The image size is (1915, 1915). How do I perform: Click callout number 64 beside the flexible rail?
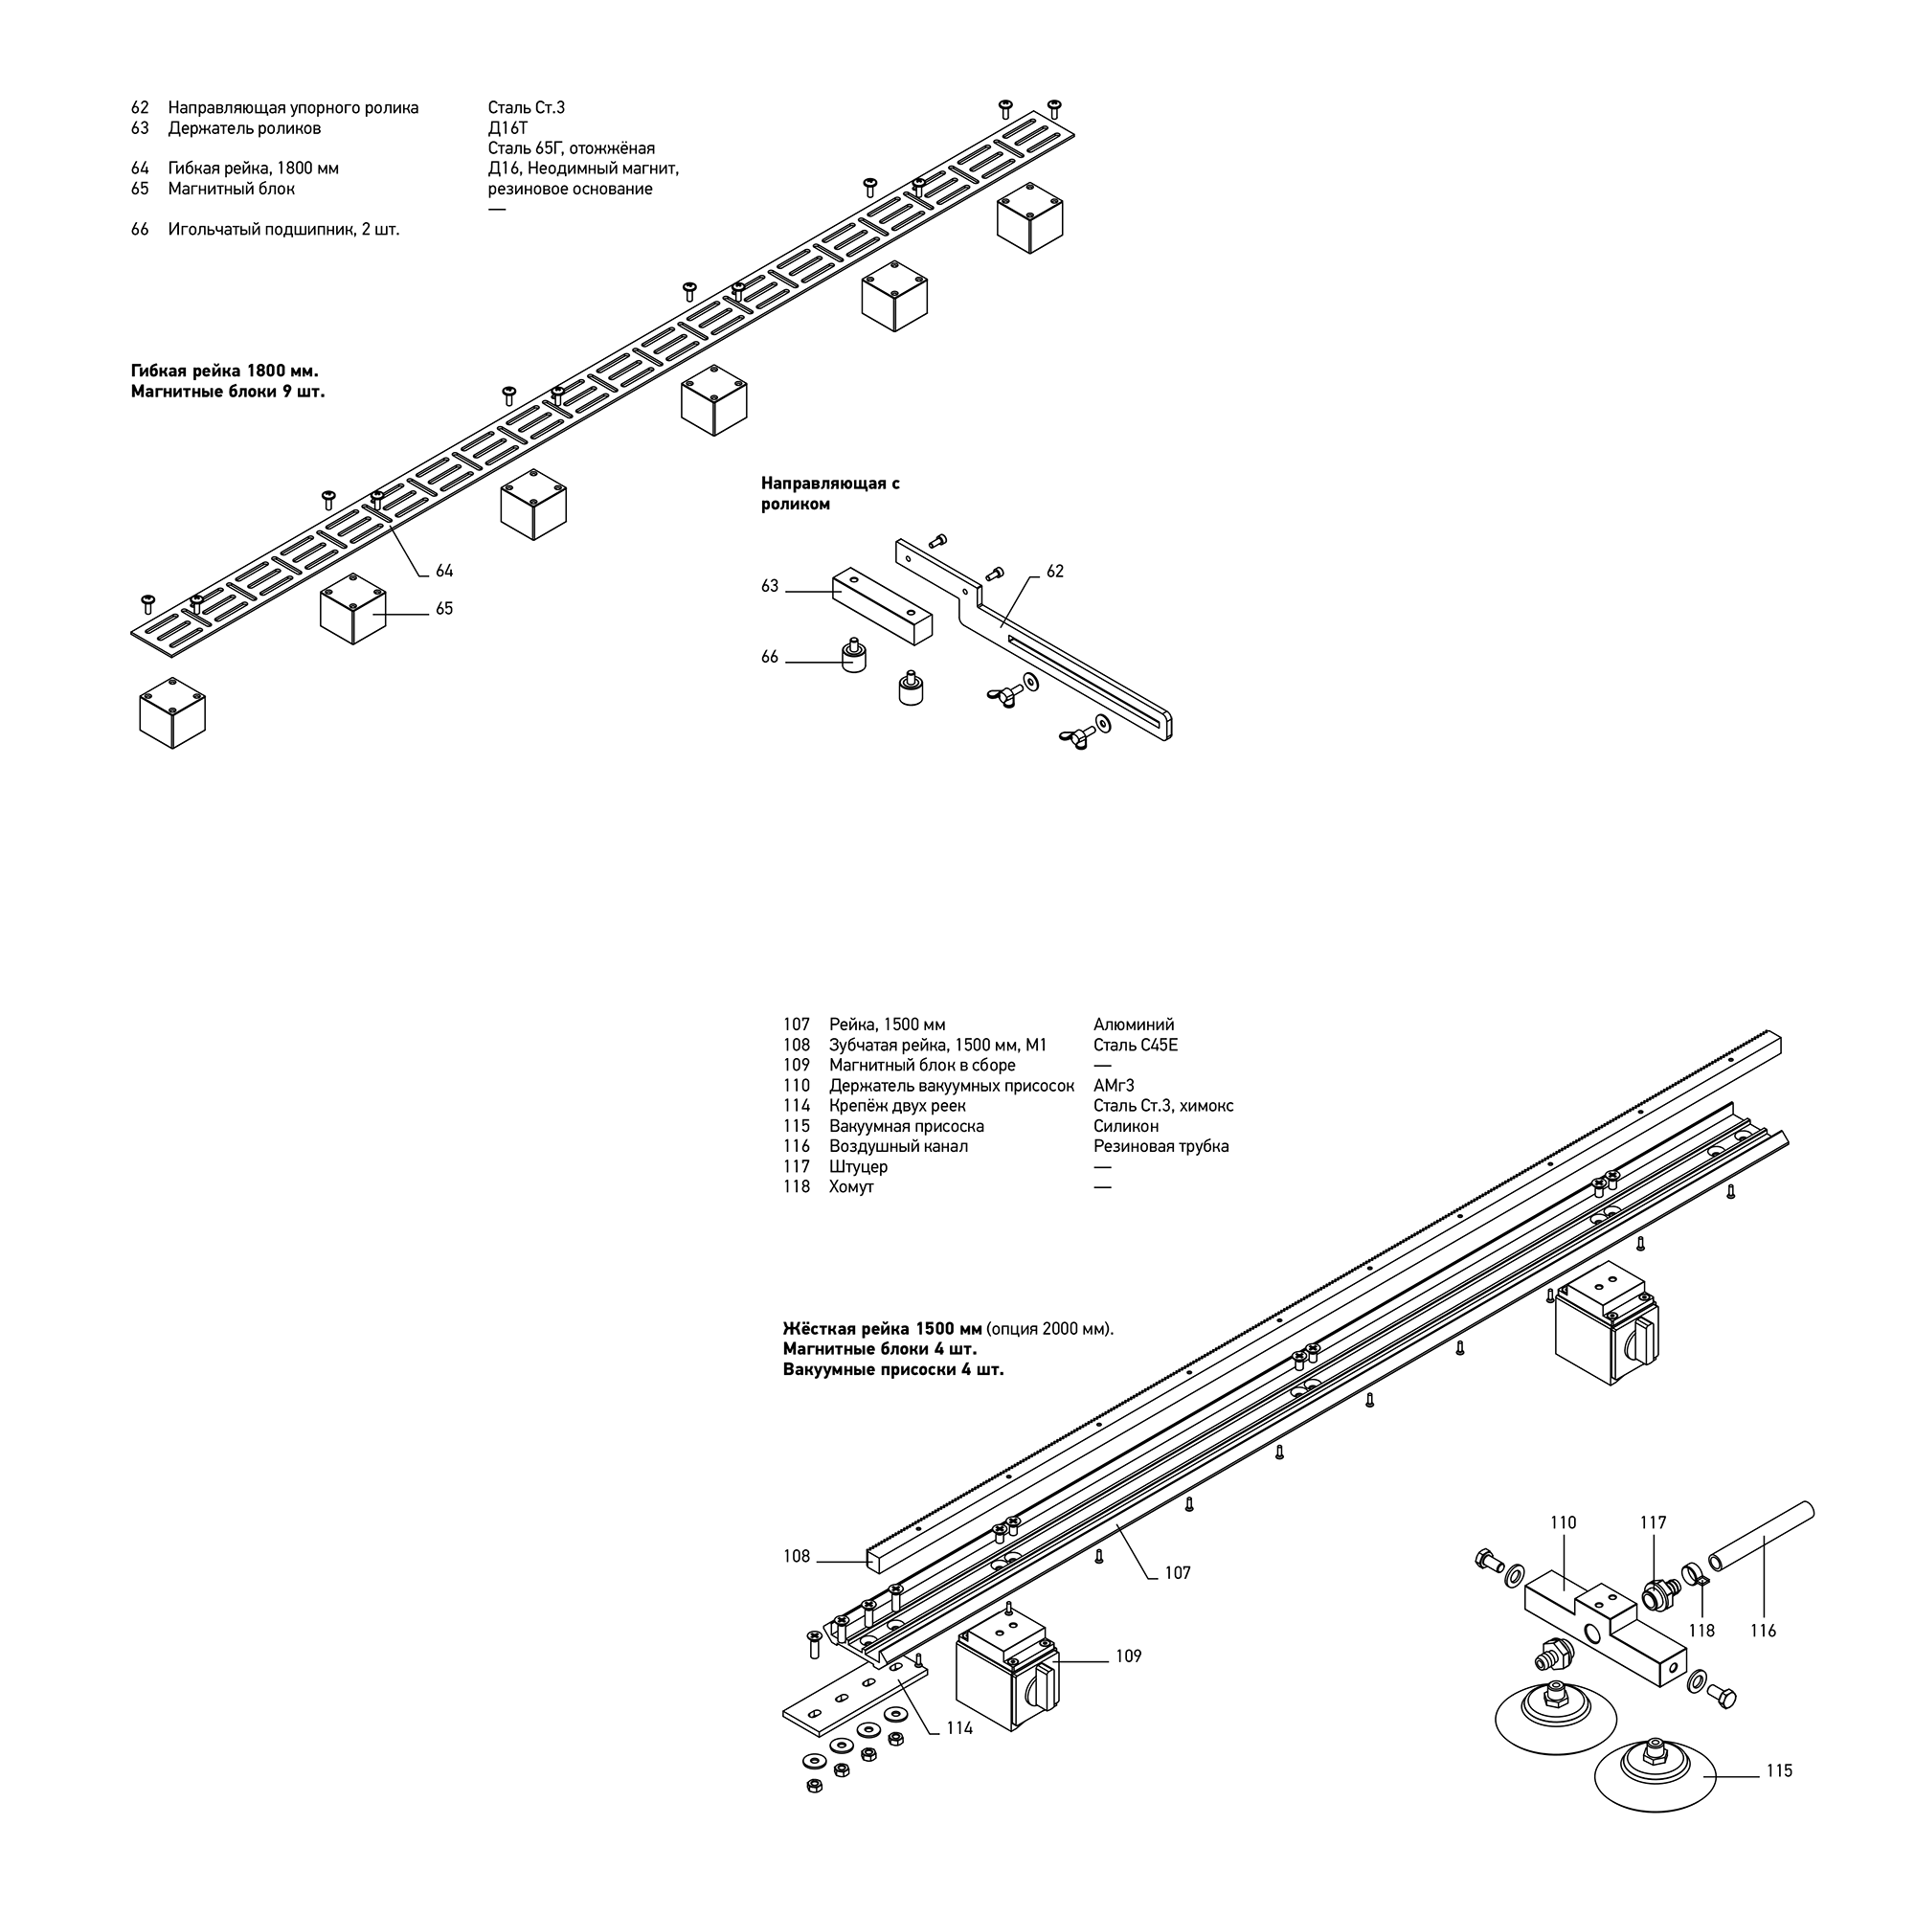444,571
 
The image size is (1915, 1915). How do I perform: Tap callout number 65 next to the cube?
444,609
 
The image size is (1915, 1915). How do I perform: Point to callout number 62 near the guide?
1054,572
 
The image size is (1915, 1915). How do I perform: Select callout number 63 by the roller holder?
770,587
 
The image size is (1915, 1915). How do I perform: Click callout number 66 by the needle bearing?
770,657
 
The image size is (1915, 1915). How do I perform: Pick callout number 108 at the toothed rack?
797,1557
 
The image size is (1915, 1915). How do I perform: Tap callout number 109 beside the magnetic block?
1128,1656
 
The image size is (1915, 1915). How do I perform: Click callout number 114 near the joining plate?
959,1727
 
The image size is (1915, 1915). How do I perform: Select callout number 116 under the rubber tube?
1764,1631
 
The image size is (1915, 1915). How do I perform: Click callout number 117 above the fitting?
1654,1522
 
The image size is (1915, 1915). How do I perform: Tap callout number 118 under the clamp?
1701,1631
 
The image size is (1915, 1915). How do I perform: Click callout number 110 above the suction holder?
1564,1522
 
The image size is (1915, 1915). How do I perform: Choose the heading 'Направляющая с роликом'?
830,494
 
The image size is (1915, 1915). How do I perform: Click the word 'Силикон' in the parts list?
1126,1126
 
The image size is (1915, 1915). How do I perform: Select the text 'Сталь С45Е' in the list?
1136,1046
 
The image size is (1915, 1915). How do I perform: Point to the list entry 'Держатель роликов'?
244,128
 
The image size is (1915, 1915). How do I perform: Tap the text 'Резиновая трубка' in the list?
1160,1147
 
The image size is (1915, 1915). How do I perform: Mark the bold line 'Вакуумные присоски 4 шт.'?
893,1370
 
